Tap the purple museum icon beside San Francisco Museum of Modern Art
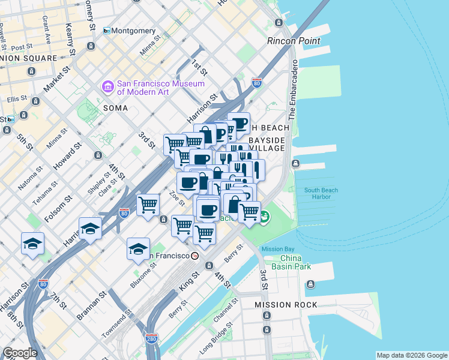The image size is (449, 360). pyautogui.click(x=108, y=87)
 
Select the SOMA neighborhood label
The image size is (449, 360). pyautogui.click(x=115, y=107)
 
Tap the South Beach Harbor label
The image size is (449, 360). pyautogui.click(x=321, y=194)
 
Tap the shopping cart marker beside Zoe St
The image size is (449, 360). pyautogui.click(x=148, y=205)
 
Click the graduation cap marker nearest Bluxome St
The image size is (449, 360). pyautogui.click(x=138, y=248)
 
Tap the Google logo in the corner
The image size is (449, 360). pyautogui.click(x=20, y=353)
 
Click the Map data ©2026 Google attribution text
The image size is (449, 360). pyautogui.click(x=412, y=355)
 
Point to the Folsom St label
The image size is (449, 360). pyautogui.click(x=55, y=208)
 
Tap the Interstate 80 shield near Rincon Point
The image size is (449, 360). pyautogui.click(x=256, y=83)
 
